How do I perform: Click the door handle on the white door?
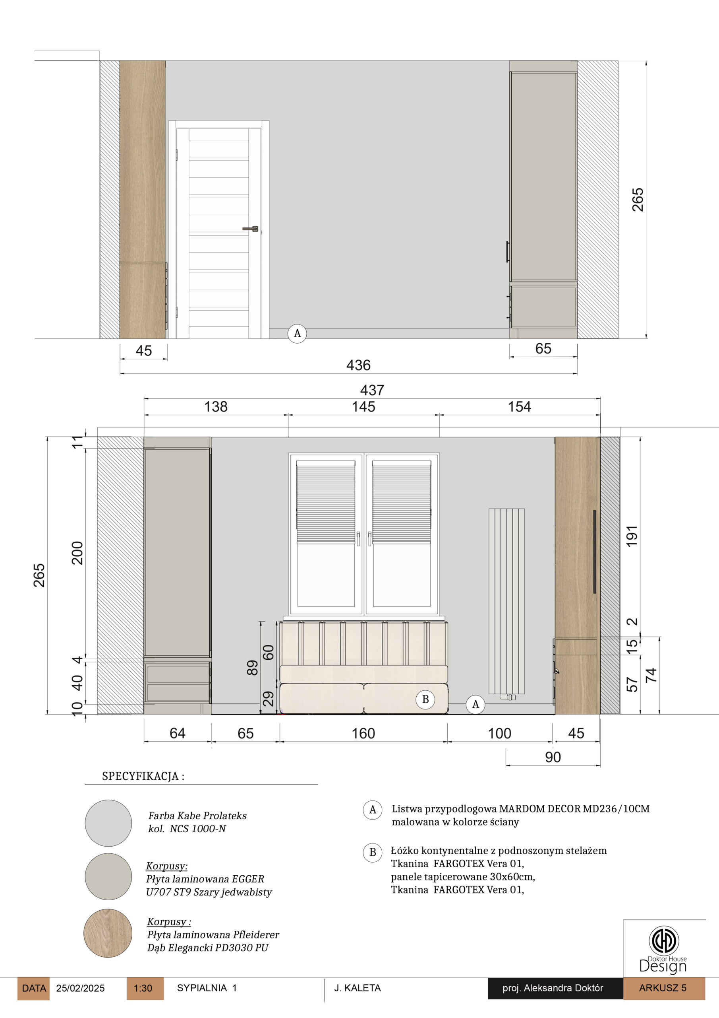250,229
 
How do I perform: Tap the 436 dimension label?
358,365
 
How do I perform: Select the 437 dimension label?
372,390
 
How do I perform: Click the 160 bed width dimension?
363,733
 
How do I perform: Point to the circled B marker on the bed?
425,699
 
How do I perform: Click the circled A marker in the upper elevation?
297,333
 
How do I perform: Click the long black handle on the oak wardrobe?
595,552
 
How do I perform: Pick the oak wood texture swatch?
108,933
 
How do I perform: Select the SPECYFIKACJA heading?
143,776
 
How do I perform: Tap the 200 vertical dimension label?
77,553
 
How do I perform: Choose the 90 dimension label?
553,757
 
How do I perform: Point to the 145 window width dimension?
363,406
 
